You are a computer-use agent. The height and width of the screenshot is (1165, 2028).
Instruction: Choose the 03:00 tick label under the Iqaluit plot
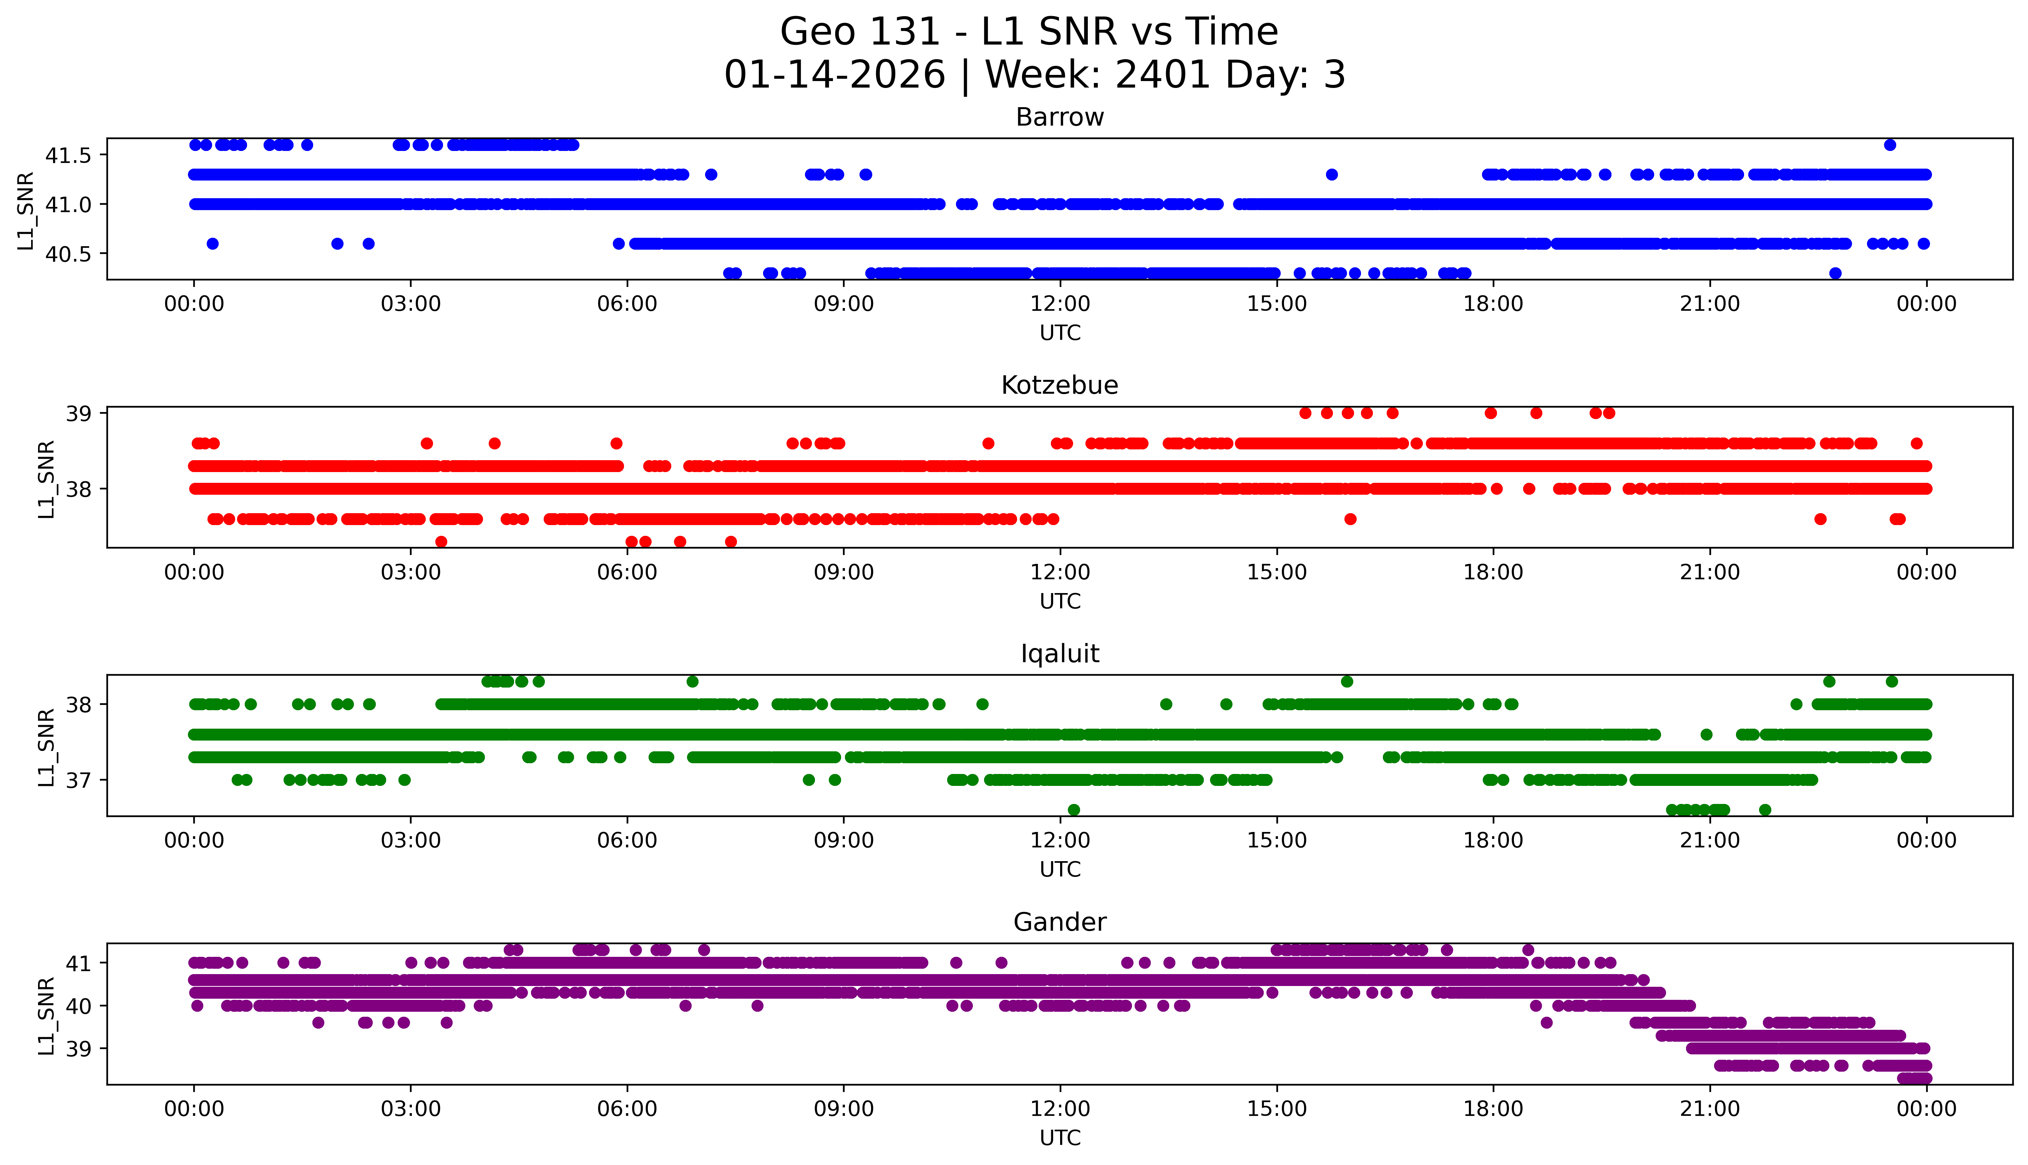411,840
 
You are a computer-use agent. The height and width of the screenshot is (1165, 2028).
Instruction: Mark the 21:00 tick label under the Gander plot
1709,1109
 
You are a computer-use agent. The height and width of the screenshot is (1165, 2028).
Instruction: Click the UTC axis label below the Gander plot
1060,1138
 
